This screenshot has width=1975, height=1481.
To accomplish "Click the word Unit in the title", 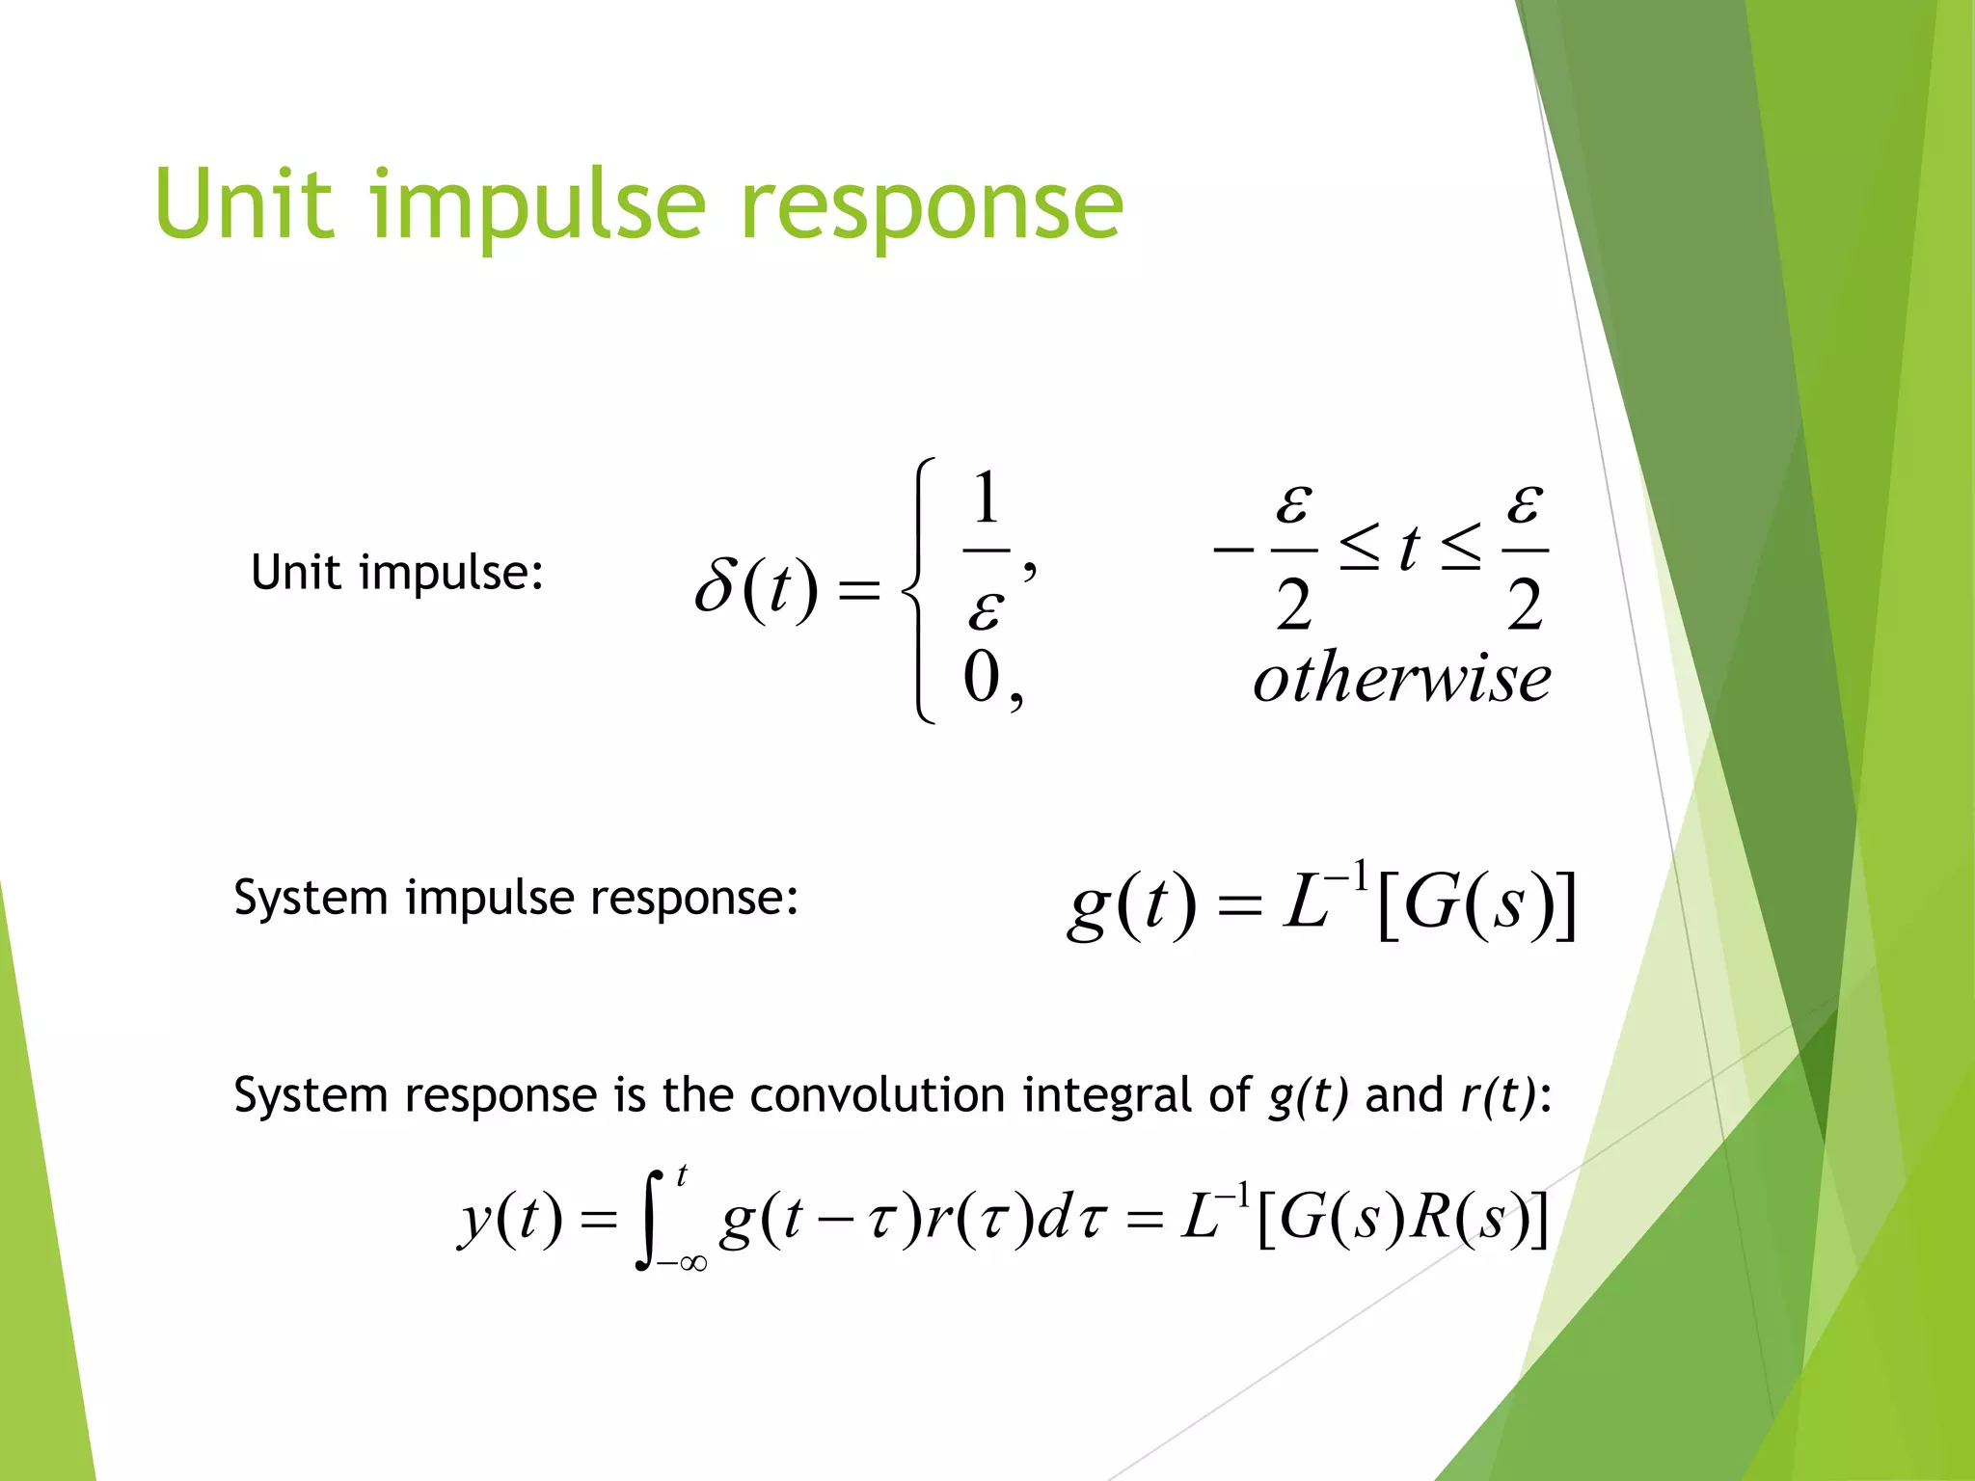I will click(245, 204).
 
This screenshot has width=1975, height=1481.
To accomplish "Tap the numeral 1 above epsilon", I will click(986, 499).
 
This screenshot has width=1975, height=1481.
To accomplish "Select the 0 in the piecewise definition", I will click(983, 677).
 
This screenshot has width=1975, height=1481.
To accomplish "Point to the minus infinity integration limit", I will click(682, 1263).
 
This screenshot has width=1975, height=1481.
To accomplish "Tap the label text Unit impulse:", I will click(397, 573).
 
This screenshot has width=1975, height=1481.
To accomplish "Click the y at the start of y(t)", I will click(475, 1221).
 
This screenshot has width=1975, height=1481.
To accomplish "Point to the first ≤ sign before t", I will click(1360, 550).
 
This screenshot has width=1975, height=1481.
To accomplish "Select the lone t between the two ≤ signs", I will click(1410, 548).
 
